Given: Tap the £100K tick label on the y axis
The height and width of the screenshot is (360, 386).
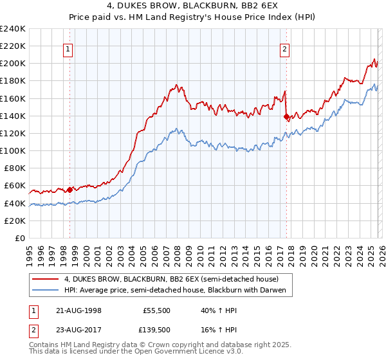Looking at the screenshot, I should (x=13, y=150).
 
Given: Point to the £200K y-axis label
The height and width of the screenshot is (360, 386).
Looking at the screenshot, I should (x=13, y=63).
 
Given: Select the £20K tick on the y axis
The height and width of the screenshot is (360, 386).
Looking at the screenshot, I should (x=15, y=221).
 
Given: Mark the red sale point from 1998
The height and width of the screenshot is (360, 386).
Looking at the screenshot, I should (x=70, y=190).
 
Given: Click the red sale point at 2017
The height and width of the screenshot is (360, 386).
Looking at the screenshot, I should (x=287, y=116).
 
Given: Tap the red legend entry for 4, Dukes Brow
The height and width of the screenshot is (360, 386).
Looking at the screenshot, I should (x=170, y=280).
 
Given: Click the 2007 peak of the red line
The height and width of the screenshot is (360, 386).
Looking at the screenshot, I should (x=176, y=85).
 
